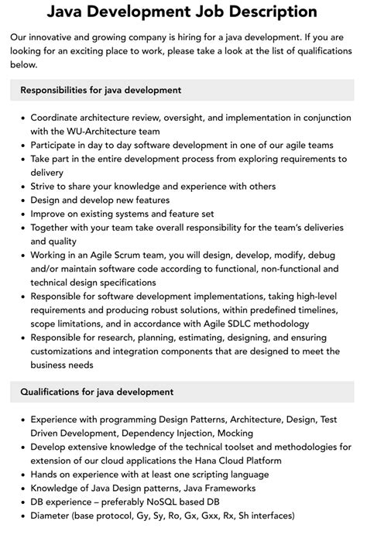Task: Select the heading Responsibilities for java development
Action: point(102,90)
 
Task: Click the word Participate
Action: point(57,145)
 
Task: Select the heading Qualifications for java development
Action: point(96,392)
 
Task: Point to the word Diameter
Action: point(53,516)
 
